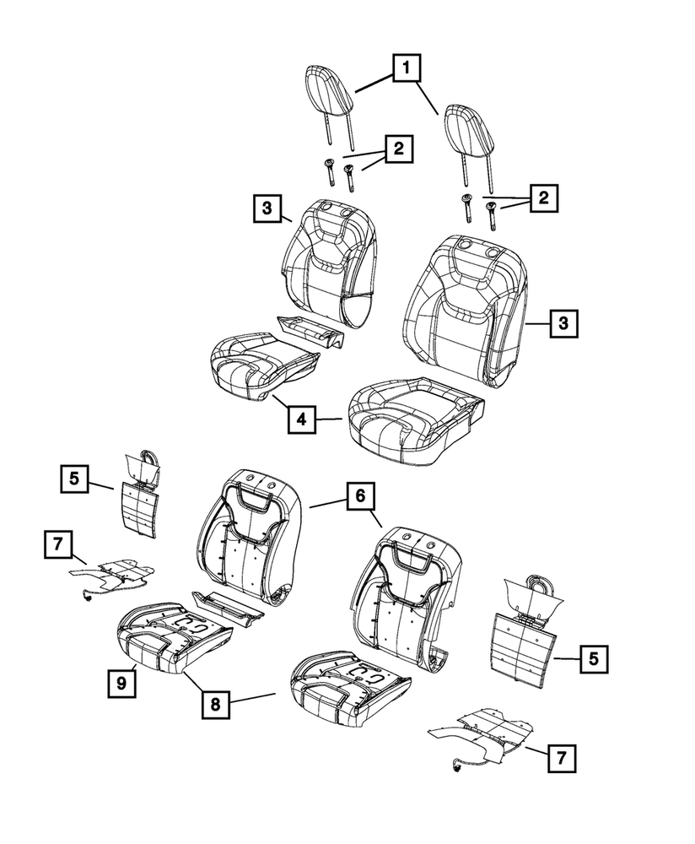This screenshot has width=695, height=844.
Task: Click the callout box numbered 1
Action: tap(406, 68)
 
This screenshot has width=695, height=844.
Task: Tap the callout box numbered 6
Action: tap(359, 497)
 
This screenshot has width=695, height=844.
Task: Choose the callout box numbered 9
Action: tap(121, 682)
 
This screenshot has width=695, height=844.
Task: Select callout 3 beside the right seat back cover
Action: tap(564, 322)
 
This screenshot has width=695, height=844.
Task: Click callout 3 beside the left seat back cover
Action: tap(265, 208)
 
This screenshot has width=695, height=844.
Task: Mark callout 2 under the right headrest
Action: tap(543, 199)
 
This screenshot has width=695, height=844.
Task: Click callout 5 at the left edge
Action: tap(74, 479)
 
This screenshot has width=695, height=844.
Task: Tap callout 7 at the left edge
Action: tap(57, 545)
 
